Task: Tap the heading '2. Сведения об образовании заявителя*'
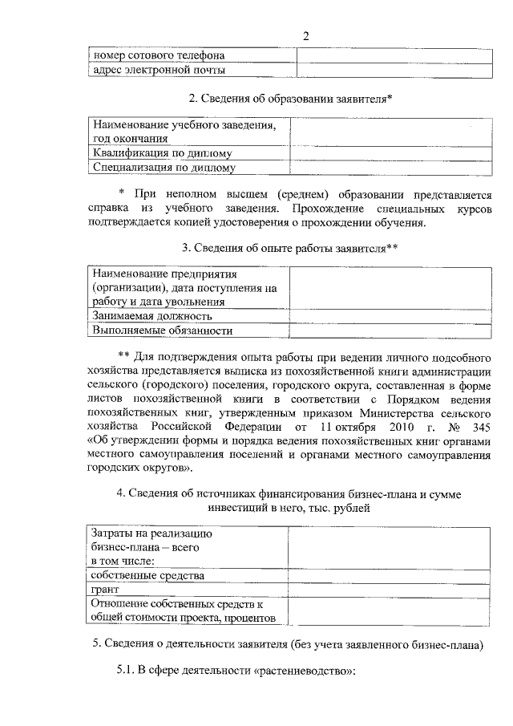[290, 99]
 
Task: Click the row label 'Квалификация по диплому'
[163, 153]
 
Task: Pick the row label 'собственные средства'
[148, 575]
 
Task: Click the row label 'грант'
[106, 590]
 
